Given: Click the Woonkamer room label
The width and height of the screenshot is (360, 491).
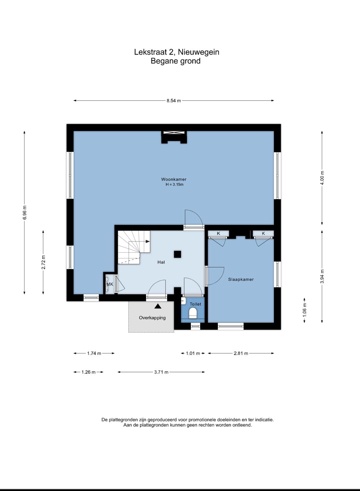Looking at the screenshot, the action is tap(174, 179).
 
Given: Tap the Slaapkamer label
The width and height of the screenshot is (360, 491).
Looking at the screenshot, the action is tap(241, 279).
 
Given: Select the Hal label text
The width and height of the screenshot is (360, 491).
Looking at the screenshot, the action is tap(161, 262).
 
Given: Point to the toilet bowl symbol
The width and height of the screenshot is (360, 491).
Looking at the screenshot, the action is tap(193, 313).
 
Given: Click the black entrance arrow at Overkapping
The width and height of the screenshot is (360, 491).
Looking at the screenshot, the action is tap(158, 306).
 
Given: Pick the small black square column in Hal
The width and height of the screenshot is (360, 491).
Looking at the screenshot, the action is tap(177, 254).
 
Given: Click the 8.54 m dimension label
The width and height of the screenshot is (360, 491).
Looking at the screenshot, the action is tap(174, 101).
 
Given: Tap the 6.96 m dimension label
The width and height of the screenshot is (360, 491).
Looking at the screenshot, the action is tap(25, 212).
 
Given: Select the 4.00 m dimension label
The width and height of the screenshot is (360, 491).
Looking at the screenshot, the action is tap(322, 178).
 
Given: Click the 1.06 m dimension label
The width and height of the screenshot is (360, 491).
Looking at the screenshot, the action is tap(305, 310).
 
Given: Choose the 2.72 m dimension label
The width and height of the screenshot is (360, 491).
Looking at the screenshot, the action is tap(43, 262).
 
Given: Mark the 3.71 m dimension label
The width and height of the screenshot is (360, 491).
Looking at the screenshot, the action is tap(161, 372).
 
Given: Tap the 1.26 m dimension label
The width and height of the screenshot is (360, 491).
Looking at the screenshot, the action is tap(89, 372).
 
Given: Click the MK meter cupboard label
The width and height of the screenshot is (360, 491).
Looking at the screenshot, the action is tap(110, 284).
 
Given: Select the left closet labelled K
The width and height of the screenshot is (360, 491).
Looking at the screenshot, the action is tap(218, 233).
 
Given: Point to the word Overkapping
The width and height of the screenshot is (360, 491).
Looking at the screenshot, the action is tap(152, 318).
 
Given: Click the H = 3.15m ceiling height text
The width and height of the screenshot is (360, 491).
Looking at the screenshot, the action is tap(175, 185).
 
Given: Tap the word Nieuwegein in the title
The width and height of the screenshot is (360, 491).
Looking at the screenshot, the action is tap(198, 52).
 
